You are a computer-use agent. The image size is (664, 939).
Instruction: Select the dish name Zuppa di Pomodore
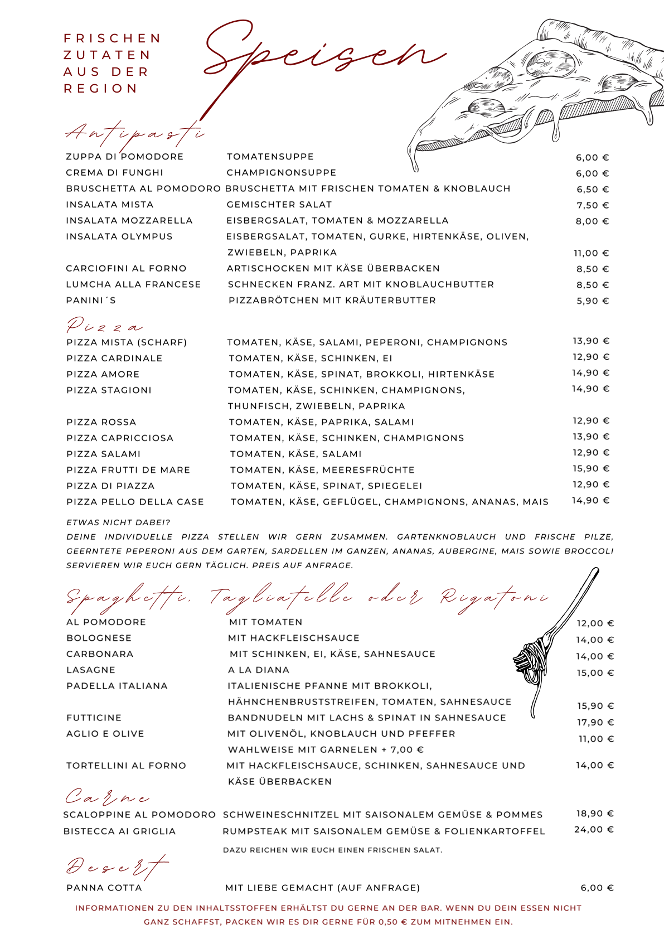[x=124, y=157]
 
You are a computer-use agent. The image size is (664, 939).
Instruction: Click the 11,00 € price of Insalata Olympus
[x=592, y=253]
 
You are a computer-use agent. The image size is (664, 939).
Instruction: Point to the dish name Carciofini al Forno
[x=126, y=268]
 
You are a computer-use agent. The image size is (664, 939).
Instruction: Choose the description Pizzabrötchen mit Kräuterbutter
[x=332, y=301]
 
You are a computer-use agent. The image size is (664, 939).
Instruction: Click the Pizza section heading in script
[x=104, y=326]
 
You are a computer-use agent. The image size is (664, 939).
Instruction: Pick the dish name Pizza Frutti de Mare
[x=128, y=470]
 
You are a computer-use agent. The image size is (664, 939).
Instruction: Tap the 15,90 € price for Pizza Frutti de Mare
[x=591, y=469]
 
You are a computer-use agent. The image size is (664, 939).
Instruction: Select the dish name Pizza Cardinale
[x=114, y=359]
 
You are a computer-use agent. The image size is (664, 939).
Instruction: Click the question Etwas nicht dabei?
[x=118, y=522]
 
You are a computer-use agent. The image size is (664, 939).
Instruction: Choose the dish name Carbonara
[x=100, y=654]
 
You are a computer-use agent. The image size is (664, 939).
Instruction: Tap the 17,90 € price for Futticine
[x=595, y=723]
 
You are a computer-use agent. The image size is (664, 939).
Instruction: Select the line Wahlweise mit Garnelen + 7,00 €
[x=326, y=750]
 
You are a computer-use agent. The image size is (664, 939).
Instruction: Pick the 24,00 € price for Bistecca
[x=594, y=830]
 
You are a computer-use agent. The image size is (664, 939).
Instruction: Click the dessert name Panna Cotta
[x=104, y=888]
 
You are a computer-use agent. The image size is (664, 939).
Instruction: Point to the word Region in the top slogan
[x=100, y=89]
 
